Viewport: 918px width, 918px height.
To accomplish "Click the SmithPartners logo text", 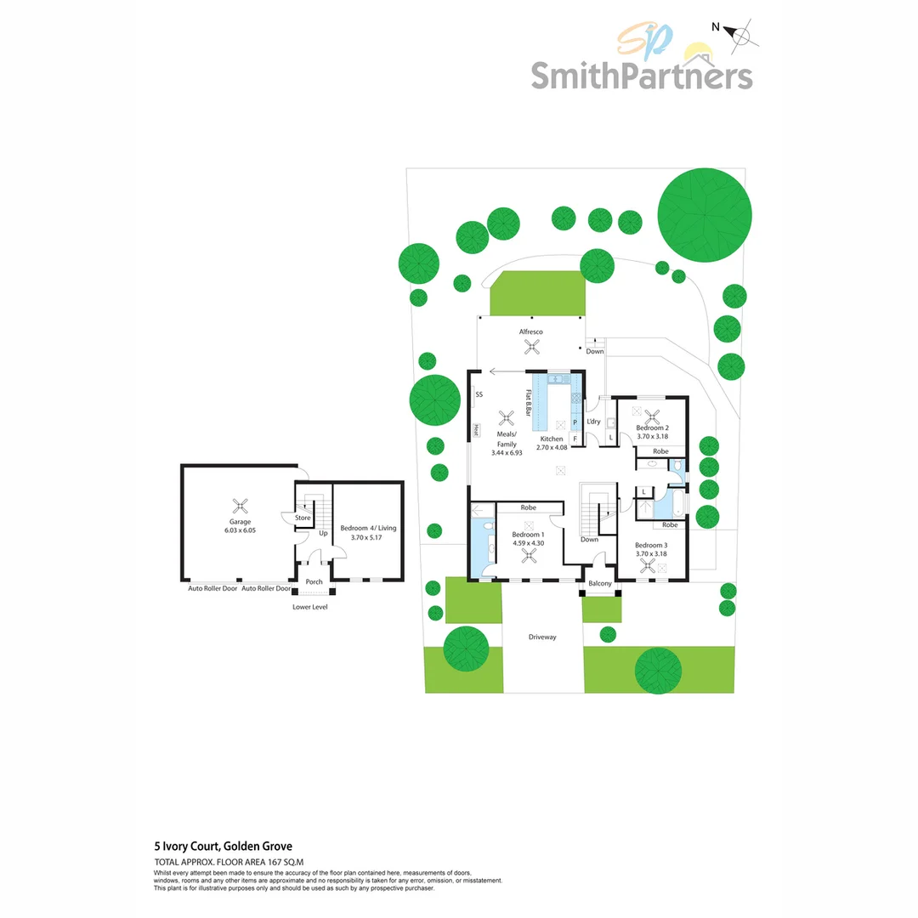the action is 642,75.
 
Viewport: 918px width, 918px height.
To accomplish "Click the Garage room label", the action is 241,521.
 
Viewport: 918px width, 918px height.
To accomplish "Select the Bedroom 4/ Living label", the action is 368,528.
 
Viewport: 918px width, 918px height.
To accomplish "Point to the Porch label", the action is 314,581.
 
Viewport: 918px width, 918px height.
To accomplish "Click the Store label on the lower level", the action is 303,518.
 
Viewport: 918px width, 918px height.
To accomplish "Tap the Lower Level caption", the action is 309,607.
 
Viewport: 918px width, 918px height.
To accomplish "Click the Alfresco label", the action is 531,331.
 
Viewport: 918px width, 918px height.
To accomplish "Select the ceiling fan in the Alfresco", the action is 532,346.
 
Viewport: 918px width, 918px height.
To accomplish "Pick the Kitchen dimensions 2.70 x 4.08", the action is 551,447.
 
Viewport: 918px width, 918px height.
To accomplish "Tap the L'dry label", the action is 593,422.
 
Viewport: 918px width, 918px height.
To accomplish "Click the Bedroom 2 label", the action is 653,428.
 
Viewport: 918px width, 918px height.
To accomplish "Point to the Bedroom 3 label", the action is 651,544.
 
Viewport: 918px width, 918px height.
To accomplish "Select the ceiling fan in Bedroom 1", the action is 529,557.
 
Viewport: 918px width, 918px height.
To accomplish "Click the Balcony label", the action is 600,584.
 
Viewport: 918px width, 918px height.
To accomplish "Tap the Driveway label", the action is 541,637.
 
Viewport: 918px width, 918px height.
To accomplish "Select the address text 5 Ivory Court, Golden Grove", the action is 223,847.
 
